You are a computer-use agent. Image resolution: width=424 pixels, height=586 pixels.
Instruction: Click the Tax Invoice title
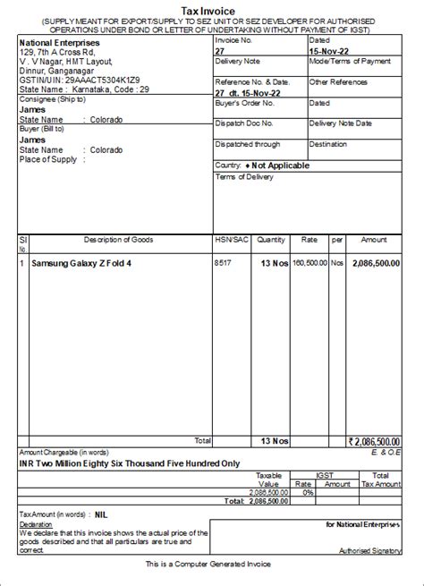click(212, 8)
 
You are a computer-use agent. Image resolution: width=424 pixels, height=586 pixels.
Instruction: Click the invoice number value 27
click(220, 51)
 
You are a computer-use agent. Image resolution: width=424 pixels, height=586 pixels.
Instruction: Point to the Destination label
click(327, 143)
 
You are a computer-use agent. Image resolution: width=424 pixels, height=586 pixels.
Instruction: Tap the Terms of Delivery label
click(243, 176)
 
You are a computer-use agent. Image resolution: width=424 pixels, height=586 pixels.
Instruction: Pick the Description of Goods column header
click(118, 241)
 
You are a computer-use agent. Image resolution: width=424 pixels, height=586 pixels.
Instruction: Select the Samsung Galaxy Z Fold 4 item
click(81, 264)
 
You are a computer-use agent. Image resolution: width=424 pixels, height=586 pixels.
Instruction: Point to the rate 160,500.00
click(310, 264)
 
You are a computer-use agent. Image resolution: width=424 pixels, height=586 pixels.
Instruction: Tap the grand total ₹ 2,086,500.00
click(375, 441)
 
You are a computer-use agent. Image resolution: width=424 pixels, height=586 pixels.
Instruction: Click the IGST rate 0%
click(307, 493)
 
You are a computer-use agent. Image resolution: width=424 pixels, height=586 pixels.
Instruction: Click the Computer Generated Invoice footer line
click(212, 565)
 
